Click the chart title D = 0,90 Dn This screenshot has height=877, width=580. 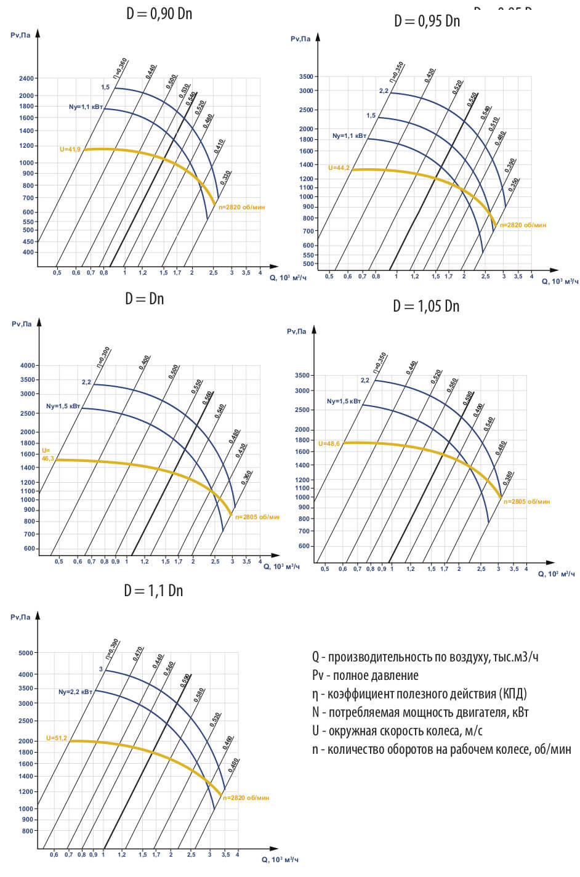click(159, 13)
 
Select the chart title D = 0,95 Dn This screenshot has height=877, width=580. click(427, 20)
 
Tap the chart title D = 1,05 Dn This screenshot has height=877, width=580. click(426, 305)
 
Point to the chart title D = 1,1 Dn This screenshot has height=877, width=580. click(153, 590)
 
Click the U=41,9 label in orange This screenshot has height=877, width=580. click(70, 149)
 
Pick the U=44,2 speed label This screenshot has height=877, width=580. click(339, 168)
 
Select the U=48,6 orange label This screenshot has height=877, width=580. click(329, 443)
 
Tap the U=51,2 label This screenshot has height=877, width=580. click(56, 738)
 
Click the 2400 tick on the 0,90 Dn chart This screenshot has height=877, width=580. click(26, 79)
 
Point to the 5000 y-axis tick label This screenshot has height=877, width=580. click(26, 653)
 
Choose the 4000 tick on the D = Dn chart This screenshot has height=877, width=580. click(28, 366)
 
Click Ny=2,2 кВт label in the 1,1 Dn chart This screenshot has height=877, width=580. click(75, 692)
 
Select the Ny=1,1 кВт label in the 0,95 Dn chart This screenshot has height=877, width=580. click(349, 135)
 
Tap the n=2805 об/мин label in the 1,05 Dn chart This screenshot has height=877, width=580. click(527, 501)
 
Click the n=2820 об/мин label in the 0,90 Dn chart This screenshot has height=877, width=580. click(242, 208)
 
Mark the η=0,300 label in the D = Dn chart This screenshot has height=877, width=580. click(104, 355)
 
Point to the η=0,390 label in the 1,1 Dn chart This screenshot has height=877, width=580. click(112, 649)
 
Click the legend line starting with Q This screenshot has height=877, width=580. click(425, 657)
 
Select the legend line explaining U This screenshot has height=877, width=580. click(397, 730)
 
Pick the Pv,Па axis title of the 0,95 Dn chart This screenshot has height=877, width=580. click(301, 39)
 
